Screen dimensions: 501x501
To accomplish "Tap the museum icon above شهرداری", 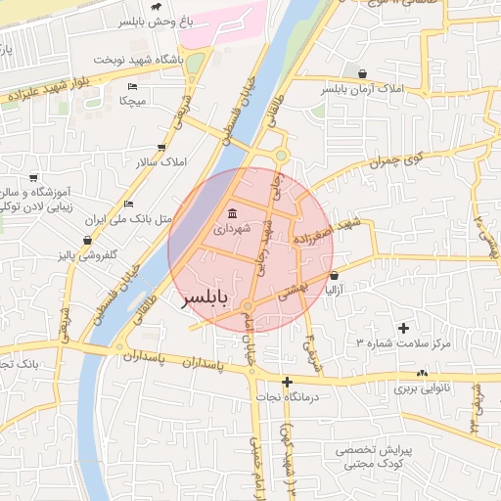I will pos(232,213).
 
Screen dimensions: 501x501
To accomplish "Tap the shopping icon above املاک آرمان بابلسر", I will pos(364,73).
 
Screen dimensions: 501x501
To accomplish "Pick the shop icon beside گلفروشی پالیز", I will pos(88,240).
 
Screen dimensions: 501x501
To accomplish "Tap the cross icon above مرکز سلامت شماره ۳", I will pos(403,327).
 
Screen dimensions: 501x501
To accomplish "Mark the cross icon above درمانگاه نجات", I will pos(287,382).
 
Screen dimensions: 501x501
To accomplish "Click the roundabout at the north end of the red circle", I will pos(282,155).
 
